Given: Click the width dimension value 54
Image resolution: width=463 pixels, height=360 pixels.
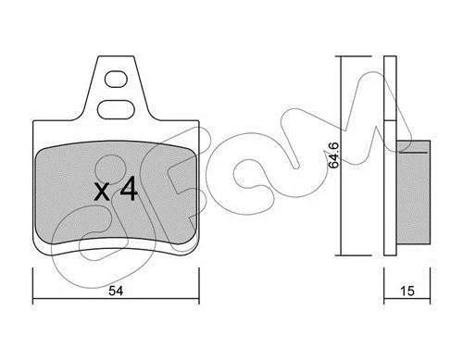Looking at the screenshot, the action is tap(116, 291).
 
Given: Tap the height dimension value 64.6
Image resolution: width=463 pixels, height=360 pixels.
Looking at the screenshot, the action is tap(333, 155).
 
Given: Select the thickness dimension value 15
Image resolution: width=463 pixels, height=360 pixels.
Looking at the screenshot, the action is tap(407, 291).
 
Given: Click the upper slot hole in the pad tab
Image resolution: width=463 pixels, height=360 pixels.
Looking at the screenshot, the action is tap(116, 80).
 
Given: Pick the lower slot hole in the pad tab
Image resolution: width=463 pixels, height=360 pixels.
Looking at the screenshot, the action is tap(116, 109).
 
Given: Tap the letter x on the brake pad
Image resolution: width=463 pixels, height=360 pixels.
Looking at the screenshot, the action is tap(102, 192).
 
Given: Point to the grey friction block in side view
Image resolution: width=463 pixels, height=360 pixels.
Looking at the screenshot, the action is tap(413, 192).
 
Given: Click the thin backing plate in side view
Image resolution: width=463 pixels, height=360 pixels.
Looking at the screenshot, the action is tap(390, 155).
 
